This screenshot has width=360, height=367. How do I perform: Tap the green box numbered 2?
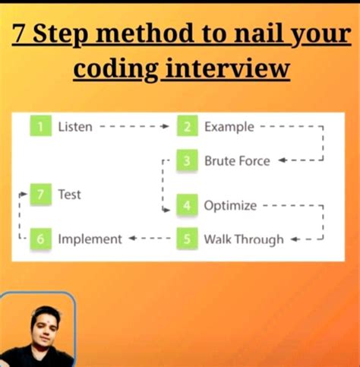(188, 127)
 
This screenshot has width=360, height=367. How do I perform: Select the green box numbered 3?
(188, 161)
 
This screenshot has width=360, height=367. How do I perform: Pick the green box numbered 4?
(188, 205)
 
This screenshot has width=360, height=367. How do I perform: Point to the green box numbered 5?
(188, 239)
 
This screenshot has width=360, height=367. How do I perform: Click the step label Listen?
(75, 127)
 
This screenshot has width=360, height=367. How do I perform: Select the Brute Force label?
(237, 161)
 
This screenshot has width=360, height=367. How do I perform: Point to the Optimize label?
(230, 205)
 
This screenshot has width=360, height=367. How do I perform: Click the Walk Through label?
(244, 239)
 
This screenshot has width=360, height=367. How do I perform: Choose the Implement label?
(90, 239)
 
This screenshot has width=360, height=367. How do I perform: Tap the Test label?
(70, 195)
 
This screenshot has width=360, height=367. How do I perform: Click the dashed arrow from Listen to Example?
(134, 127)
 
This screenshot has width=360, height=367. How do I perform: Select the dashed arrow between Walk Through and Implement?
(150, 239)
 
